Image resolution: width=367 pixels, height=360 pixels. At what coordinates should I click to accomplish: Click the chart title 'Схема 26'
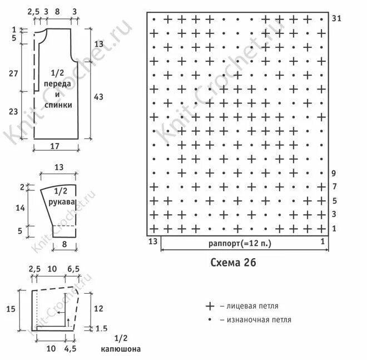coord(234,262)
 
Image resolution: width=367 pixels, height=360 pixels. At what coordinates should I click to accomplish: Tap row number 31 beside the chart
coord(335,18)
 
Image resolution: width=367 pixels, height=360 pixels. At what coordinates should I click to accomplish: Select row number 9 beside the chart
coord(334,173)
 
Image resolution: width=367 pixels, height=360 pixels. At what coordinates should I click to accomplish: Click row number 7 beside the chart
coord(334,186)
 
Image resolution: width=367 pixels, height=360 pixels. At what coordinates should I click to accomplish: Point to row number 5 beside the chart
coord(334,200)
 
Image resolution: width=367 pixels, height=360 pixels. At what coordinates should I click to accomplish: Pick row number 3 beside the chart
coord(334,214)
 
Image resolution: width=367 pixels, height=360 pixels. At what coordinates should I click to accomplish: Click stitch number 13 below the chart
coord(153,241)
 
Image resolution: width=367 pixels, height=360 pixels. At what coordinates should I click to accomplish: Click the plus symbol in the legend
coord(210,306)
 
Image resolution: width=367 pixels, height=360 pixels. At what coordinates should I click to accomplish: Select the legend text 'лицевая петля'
coord(252,306)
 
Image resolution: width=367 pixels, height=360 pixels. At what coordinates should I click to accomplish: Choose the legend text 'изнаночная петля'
coord(259,320)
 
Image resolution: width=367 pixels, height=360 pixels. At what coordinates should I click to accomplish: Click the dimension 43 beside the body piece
coord(98,97)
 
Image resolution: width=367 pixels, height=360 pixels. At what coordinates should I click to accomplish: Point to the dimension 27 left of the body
coord(14,73)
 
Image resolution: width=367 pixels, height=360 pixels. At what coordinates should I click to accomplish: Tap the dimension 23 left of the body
coord(14,111)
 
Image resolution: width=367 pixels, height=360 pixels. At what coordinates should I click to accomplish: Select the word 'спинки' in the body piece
coord(61,104)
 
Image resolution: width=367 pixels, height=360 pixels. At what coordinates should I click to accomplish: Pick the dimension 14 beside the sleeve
coord(21,208)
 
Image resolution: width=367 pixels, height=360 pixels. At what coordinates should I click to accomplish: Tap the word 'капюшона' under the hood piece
coord(121,349)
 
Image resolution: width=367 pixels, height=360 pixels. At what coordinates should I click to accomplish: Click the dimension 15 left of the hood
coord(11,309)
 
